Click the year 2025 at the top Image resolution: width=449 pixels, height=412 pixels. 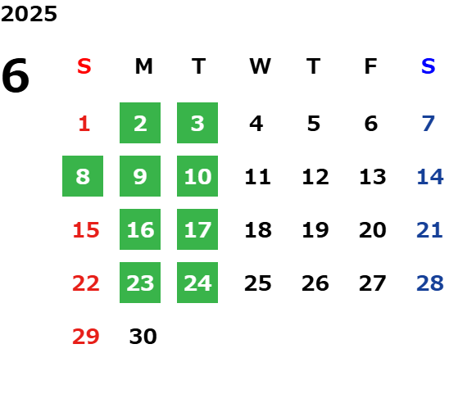[29, 14]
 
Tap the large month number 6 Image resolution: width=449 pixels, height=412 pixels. [16, 75]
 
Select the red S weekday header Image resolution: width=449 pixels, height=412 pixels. [84, 66]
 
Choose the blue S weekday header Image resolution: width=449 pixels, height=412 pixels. [429, 66]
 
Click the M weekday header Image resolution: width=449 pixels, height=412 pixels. [143, 66]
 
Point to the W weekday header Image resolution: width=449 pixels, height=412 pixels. [260, 66]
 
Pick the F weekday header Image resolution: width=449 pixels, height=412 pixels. [371, 66]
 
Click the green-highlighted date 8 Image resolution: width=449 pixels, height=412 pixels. [83, 176]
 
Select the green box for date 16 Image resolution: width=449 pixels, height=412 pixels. [140, 229]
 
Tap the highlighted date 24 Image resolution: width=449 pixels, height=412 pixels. [197, 283]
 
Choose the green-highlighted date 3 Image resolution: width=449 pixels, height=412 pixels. [197, 123]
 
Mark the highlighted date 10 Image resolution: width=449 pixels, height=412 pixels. [197, 176]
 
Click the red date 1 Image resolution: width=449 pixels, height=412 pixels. [84, 124]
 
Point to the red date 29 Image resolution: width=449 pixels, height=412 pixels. [86, 336]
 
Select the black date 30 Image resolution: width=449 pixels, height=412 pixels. [143, 336]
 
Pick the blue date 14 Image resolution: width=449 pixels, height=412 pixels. [430, 177]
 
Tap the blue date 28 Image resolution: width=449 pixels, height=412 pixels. [430, 283]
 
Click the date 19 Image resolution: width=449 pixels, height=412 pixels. [315, 230]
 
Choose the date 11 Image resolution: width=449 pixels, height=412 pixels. [258, 177]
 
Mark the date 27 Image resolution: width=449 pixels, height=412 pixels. [373, 283]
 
